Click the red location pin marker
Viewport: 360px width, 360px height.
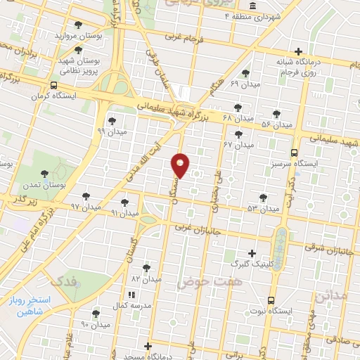pos(181,165)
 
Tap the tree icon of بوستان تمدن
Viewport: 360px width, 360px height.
pos(44,172)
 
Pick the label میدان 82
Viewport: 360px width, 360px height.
pos(146,278)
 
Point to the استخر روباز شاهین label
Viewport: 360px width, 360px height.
pos(31,305)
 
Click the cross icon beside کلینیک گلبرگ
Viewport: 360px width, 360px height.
pos(252,253)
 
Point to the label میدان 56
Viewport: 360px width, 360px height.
pos(276,124)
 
